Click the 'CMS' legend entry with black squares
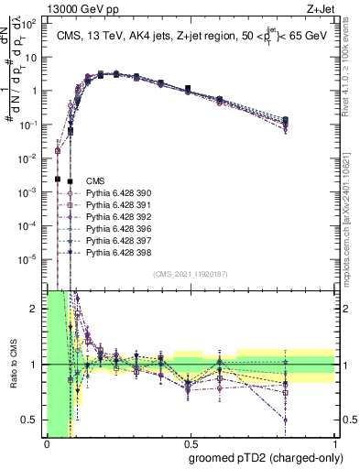click(x=94, y=181)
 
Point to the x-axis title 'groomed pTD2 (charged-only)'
click(x=273, y=458)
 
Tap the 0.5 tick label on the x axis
click(x=191, y=441)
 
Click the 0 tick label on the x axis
click(x=47, y=441)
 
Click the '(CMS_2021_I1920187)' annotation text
click(x=191, y=274)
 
